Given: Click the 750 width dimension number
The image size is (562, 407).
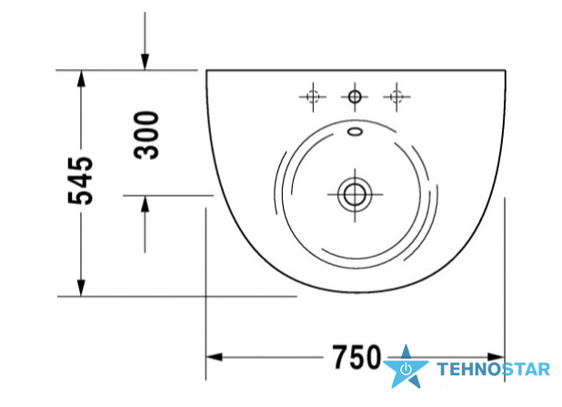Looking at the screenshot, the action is click(356, 357).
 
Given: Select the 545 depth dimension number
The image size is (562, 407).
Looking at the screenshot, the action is click(81, 180).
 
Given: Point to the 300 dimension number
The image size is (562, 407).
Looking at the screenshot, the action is click(146, 135).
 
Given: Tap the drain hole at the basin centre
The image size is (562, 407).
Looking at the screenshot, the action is click(355, 195).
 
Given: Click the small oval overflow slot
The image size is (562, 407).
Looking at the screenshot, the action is click(356, 132).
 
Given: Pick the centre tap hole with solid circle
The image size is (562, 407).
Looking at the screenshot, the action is click(355, 97).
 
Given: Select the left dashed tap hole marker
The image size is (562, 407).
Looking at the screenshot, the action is click(313, 97).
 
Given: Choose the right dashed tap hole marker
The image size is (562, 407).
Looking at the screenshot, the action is click(396, 97).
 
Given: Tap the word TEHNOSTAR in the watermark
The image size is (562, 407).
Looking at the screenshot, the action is click(493, 370).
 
